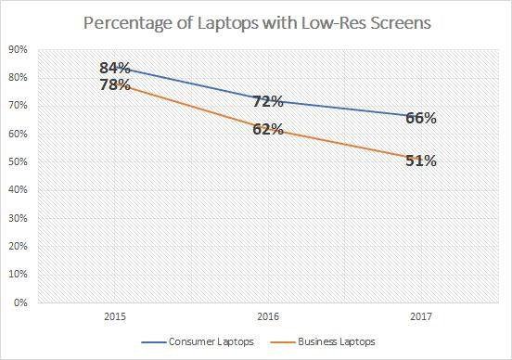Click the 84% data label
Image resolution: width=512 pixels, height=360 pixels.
(x=116, y=68)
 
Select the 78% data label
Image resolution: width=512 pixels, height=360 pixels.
(x=116, y=85)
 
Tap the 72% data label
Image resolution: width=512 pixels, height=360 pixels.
(x=268, y=99)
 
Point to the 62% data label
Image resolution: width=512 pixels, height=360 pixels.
(x=268, y=129)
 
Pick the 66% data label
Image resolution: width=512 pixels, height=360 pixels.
(x=420, y=118)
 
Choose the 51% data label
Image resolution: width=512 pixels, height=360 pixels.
(x=420, y=161)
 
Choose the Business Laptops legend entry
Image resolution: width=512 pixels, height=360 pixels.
(x=332, y=341)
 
